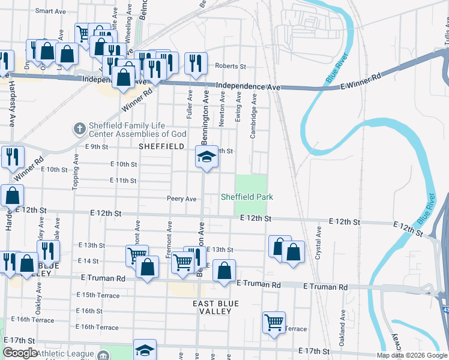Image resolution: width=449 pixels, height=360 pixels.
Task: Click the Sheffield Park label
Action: point(247,197)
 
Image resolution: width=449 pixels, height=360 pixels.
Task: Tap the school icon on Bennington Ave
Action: point(206,157)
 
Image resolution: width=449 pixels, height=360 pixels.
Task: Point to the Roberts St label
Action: point(231,67)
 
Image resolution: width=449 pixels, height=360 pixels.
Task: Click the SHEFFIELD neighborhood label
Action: point(161,146)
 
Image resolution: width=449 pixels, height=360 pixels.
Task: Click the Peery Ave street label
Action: point(182,199)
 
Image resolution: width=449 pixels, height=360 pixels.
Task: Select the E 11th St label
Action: point(124,180)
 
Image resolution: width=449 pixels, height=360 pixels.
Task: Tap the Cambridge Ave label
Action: point(253,115)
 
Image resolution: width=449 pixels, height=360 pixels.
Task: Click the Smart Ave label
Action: point(50,11)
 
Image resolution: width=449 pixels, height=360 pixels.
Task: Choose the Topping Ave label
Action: point(76,173)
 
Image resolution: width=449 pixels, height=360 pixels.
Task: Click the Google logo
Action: point(20,353)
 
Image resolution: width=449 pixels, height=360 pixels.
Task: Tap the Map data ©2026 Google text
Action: point(411,355)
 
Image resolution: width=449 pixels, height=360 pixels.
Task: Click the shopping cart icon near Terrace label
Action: point(274,322)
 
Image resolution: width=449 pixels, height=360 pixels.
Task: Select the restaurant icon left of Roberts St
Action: point(195,62)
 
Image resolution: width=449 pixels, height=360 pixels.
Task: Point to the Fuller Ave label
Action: point(189,103)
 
